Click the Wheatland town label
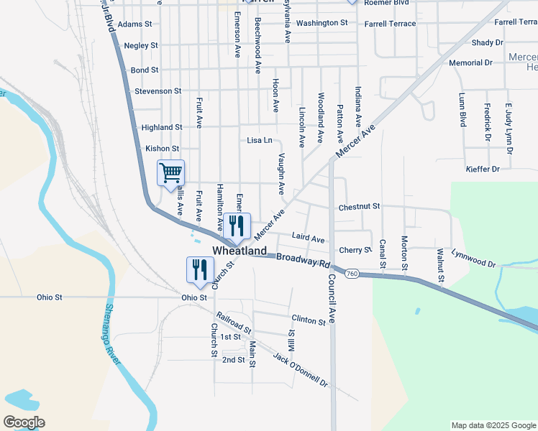(x=240, y=251)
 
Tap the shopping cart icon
(x=170, y=173)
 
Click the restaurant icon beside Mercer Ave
(x=236, y=226)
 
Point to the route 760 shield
(x=352, y=274)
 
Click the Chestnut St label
(x=359, y=207)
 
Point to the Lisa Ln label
(x=260, y=140)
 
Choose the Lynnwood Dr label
(x=474, y=259)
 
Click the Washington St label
(x=322, y=23)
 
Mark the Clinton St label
(x=309, y=320)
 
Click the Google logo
(x=24, y=422)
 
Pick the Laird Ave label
(x=309, y=238)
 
